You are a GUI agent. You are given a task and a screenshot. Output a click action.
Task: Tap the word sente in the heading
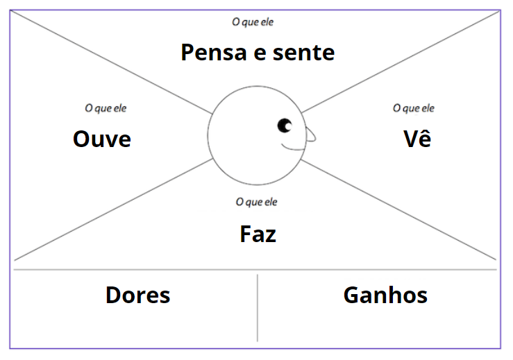click(x=303, y=53)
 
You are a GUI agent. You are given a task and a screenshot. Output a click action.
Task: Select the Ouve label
click(x=102, y=139)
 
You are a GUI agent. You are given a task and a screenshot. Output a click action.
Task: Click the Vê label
click(x=417, y=139)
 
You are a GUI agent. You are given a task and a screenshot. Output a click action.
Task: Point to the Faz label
click(x=258, y=234)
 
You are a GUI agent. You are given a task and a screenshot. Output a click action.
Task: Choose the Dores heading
click(x=137, y=295)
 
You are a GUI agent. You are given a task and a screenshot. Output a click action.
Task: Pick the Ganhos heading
click(x=385, y=295)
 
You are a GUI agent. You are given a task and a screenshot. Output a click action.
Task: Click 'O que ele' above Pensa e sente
click(x=253, y=22)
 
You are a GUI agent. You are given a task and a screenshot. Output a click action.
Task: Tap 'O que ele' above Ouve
click(x=106, y=108)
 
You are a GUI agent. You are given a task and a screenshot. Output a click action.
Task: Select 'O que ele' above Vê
click(x=414, y=108)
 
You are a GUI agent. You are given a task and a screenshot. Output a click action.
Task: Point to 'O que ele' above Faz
click(x=256, y=203)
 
